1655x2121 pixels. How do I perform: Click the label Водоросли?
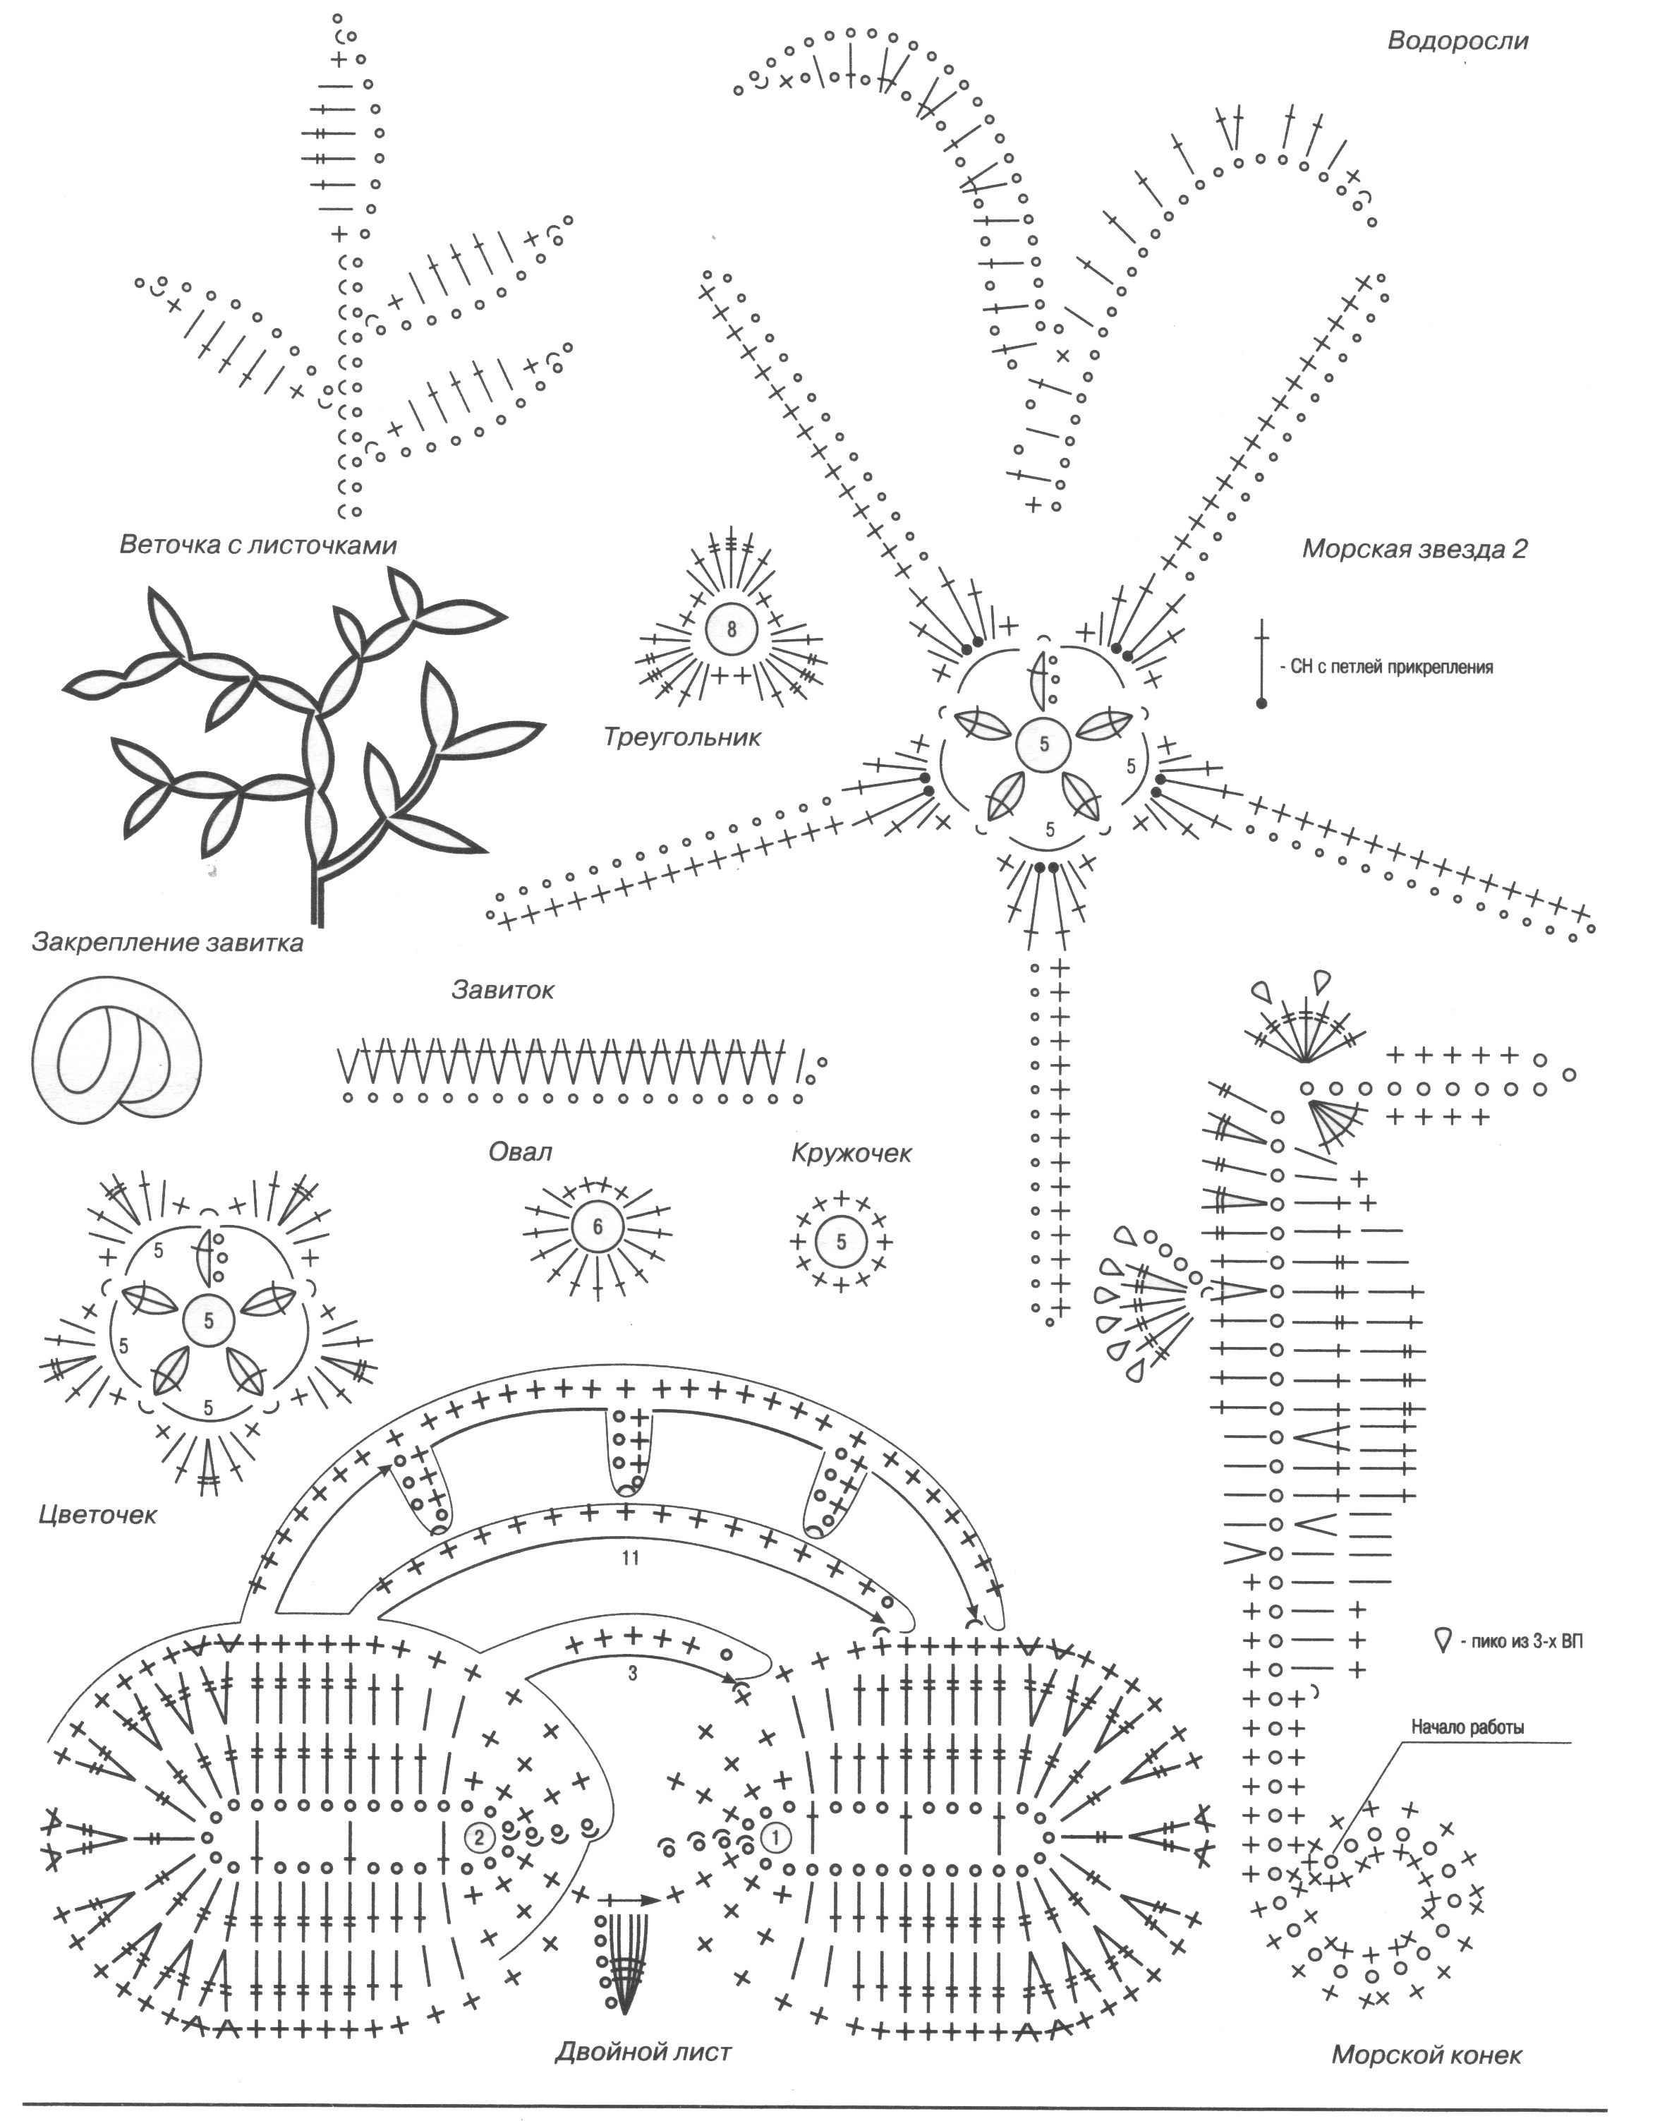pos(1457,42)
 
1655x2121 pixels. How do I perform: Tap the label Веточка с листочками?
pos(258,545)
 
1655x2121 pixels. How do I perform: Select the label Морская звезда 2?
pos(1414,550)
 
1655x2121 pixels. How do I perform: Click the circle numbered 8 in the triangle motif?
pos(732,629)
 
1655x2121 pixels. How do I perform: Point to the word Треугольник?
pos(681,737)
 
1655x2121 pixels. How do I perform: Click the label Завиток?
pos(502,991)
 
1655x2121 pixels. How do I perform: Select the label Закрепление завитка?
pos(168,943)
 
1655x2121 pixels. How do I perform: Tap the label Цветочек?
pos(97,1515)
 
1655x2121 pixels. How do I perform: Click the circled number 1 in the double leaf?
pos(776,1837)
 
